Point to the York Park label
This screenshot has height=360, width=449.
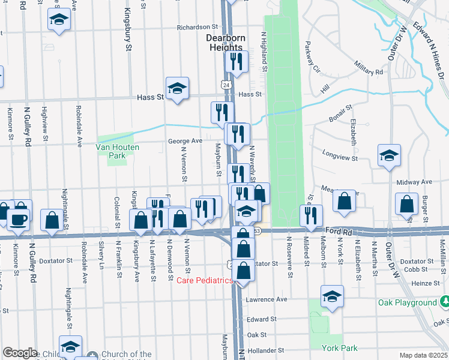coord(340,348)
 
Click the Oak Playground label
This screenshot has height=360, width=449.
coord(408,303)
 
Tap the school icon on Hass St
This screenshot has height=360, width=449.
coord(177,89)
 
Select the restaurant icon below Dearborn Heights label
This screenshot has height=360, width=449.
coord(236,62)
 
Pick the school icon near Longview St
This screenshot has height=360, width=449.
coord(389,155)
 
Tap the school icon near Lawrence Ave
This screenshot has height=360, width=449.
coord(332,296)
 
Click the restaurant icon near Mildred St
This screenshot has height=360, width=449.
coord(310,216)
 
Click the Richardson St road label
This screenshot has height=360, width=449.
coord(197,27)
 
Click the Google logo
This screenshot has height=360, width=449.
coord(20,352)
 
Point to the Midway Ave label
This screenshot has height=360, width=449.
coord(414,182)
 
